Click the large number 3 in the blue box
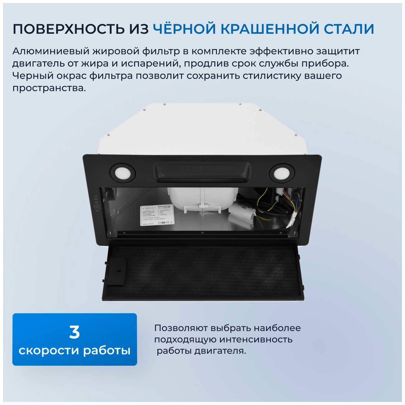tap(74, 332)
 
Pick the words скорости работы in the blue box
tap(74, 350)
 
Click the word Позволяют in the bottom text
tap(181, 328)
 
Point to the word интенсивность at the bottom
tap(255, 339)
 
